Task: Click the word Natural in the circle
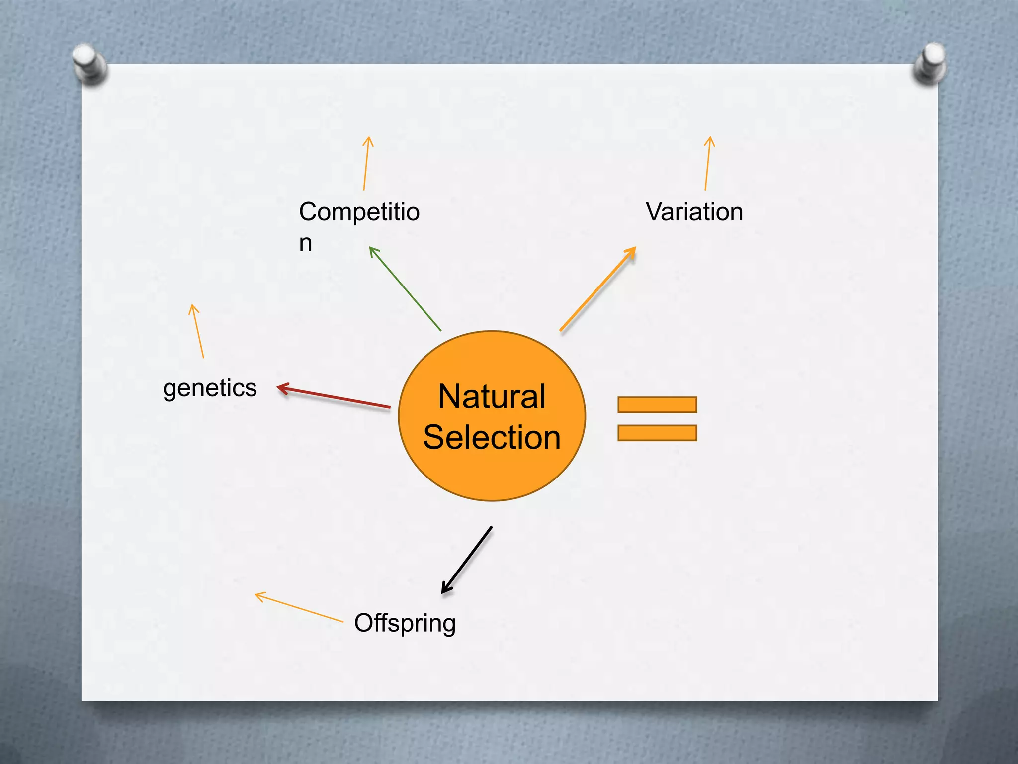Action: pos(492,397)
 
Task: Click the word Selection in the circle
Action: pos(492,437)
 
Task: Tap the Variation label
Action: pos(694,212)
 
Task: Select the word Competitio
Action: pos(359,212)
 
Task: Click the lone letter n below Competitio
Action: pos(305,243)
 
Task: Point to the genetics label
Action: pos(210,388)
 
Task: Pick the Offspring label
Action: pos(405,623)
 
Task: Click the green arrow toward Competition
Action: pos(405,289)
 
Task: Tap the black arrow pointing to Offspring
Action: pos(467,560)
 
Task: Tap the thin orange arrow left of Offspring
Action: pos(299,607)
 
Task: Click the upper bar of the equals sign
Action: pos(657,405)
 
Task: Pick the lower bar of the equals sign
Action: pos(657,433)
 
